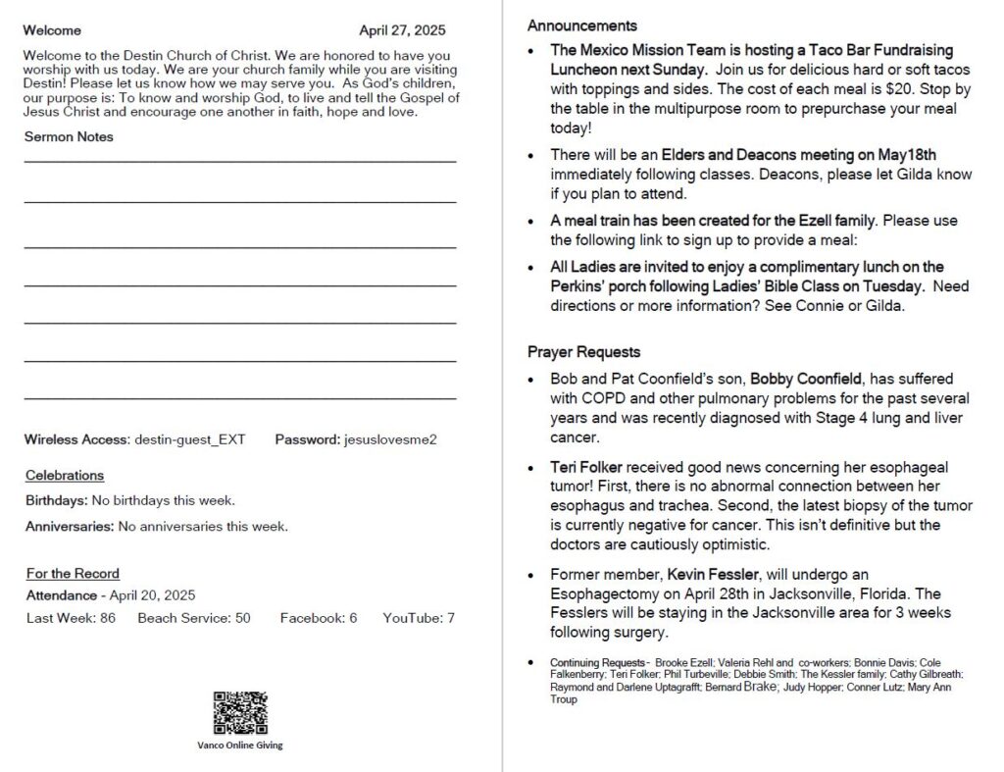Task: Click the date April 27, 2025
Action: pos(402,30)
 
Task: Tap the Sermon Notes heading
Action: pos(69,136)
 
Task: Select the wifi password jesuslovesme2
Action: pos(390,439)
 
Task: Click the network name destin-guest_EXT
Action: pos(190,439)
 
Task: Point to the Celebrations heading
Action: pos(65,476)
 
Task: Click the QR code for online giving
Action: pos(240,713)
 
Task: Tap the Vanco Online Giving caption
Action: pos(240,745)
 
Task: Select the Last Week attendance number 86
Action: pos(108,618)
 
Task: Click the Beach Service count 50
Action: pos(242,618)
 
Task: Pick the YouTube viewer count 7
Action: pos(450,618)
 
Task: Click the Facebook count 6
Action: pos(353,618)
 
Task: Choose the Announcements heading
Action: pos(582,26)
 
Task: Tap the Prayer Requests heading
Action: pos(583,352)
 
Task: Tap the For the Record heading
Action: pos(73,574)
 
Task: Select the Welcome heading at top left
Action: pos(52,30)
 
